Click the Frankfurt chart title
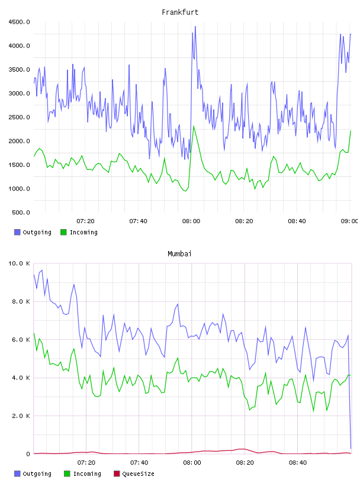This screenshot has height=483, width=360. (x=180, y=12)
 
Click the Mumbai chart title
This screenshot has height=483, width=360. (x=179, y=254)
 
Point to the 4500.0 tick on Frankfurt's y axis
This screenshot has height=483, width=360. (x=19, y=22)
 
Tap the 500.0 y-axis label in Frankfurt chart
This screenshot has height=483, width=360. (x=21, y=212)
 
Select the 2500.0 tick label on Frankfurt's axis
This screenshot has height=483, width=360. (x=19, y=117)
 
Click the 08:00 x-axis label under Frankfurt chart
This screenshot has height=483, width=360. (x=191, y=221)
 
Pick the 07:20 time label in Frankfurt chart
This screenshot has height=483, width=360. (x=85, y=221)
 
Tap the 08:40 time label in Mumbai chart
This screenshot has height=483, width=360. (x=298, y=463)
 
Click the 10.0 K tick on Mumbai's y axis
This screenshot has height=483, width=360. (x=19, y=263)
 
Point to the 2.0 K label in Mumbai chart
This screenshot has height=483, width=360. (x=21, y=416)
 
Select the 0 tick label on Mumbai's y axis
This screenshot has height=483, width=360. (x=28, y=454)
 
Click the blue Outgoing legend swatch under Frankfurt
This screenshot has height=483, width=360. (x=17, y=232)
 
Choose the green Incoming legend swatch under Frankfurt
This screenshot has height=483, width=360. (x=63, y=232)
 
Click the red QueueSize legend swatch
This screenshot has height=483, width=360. (x=117, y=474)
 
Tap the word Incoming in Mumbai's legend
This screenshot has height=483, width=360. (x=87, y=474)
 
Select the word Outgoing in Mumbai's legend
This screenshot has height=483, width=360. (x=37, y=474)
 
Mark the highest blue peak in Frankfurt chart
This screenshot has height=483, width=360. (x=195, y=27)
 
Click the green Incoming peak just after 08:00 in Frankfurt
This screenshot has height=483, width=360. (x=194, y=126)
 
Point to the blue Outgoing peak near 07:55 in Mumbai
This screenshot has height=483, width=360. (x=178, y=304)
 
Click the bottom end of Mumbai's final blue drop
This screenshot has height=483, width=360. (x=351, y=449)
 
